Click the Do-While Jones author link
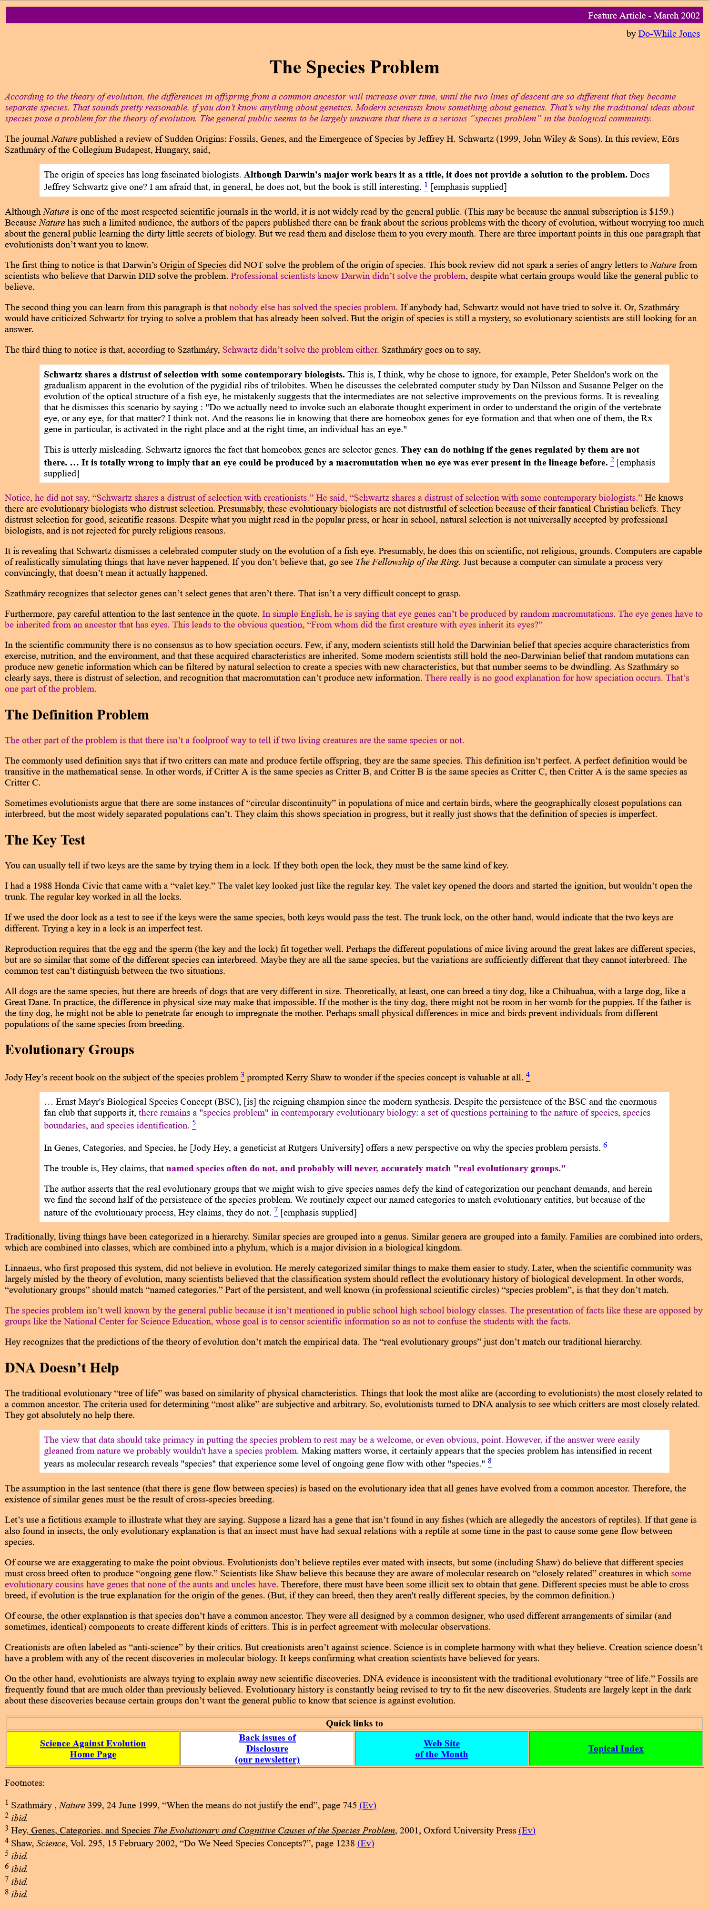pyautogui.click(x=668, y=33)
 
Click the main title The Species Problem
pyautogui.click(x=354, y=68)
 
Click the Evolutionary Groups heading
pyautogui.click(x=70, y=1050)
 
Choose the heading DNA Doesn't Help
pyautogui.click(x=62, y=1368)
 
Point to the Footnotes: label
pyautogui.click(x=24, y=1783)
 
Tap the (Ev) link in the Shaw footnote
pyautogui.click(x=365, y=1843)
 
